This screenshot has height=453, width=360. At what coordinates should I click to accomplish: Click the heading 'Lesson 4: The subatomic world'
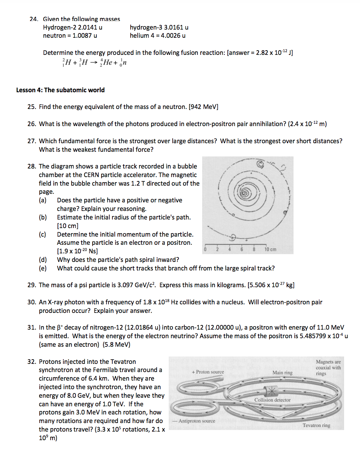(x=60, y=90)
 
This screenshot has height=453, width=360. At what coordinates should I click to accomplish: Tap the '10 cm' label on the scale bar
(x=270, y=249)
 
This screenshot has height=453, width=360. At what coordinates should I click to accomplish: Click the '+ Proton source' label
(x=208, y=372)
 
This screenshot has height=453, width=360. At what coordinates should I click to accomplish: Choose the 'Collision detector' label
(x=272, y=400)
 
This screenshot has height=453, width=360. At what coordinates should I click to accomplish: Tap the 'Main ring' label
(x=282, y=373)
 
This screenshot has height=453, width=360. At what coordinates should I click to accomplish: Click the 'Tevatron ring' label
(x=316, y=425)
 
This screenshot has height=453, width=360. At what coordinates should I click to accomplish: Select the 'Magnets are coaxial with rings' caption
(x=328, y=367)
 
